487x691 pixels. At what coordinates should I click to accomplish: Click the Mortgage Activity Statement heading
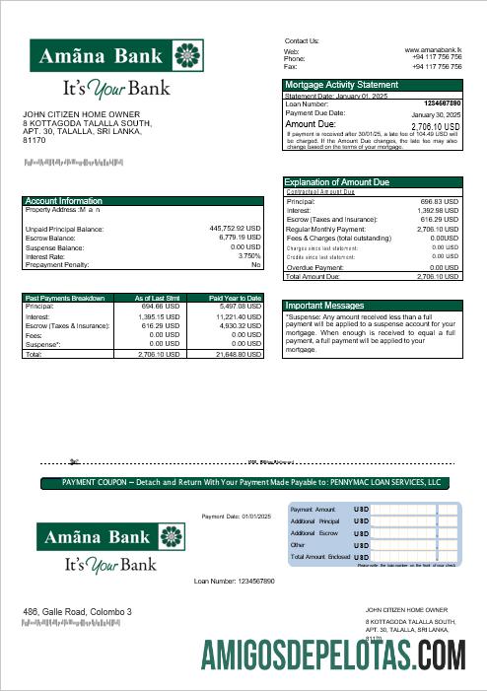[x=341, y=85]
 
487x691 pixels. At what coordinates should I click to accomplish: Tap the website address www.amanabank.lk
[x=433, y=49]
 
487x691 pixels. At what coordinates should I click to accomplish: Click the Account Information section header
[x=64, y=201]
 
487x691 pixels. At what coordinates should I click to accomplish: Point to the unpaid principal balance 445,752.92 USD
[x=235, y=229]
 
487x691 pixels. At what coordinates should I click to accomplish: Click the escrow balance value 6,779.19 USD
[x=238, y=238]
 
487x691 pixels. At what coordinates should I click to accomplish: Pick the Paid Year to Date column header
[x=235, y=297]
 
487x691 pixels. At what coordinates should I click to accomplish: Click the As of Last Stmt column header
[x=157, y=297]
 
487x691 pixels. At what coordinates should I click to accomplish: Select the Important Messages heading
[x=323, y=306]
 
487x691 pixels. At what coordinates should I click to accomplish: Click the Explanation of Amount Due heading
[x=336, y=182]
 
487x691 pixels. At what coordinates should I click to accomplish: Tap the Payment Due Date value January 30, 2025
[x=432, y=114]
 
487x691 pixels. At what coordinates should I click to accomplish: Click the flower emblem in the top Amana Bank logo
[x=184, y=56]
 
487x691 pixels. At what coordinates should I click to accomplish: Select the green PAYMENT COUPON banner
[x=243, y=483]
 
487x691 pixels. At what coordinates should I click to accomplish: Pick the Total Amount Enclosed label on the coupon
[x=320, y=557]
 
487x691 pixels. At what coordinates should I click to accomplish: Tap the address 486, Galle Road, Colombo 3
[x=77, y=612]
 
